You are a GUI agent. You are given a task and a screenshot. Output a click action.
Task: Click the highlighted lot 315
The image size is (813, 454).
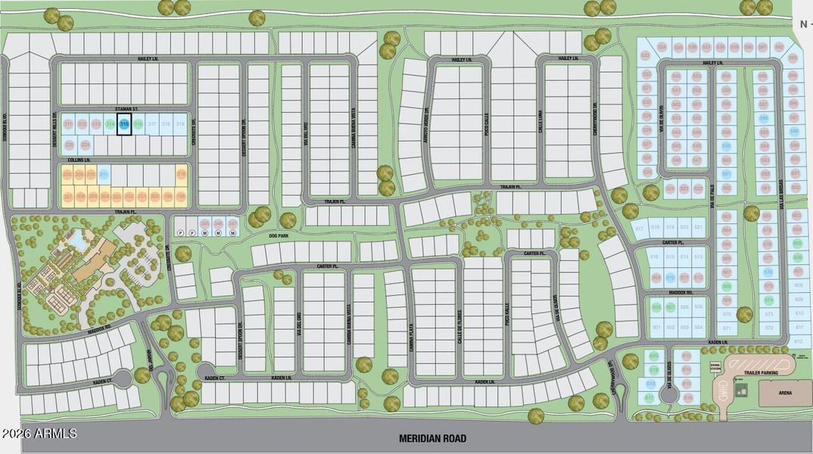[x=124, y=124]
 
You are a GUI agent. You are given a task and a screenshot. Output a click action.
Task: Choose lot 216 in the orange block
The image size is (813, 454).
[x=181, y=176]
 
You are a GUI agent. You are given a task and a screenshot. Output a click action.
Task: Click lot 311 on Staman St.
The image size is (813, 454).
[x=68, y=124]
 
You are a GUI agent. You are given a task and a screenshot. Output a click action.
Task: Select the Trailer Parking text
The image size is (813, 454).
[x=760, y=371]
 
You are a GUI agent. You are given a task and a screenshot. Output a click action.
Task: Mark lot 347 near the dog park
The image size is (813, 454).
[x=232, y=224]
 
